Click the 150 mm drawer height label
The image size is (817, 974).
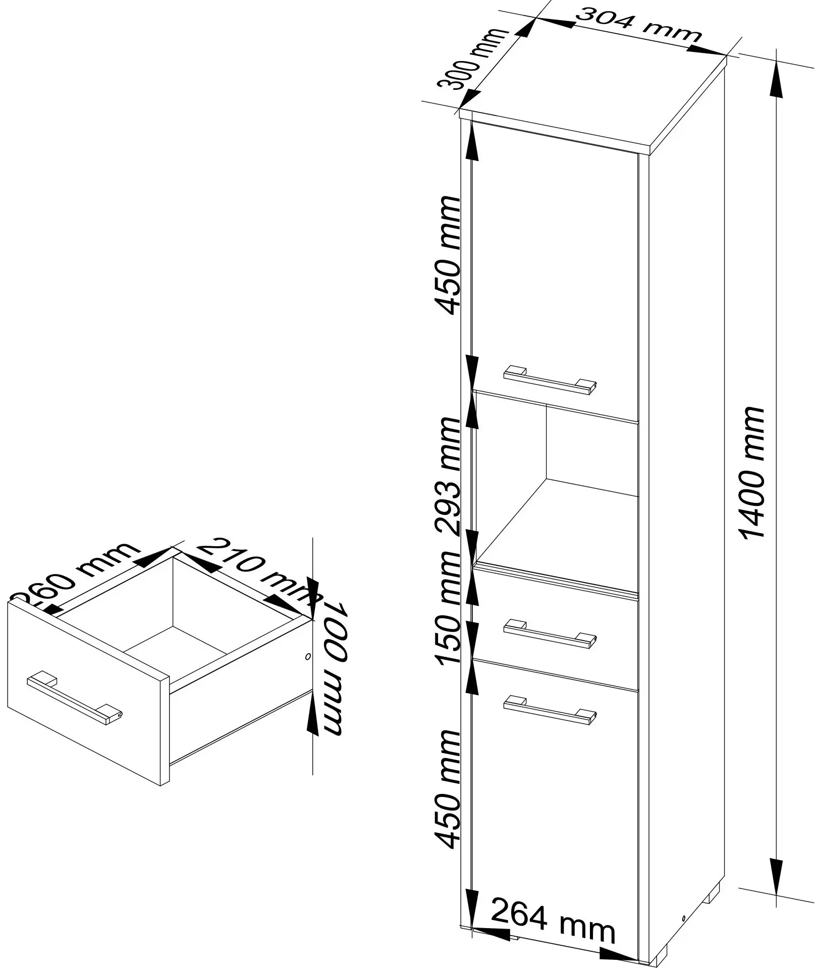(449, 608)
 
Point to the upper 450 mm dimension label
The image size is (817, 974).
(449, 255)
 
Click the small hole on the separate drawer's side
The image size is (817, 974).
(308, 657)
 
